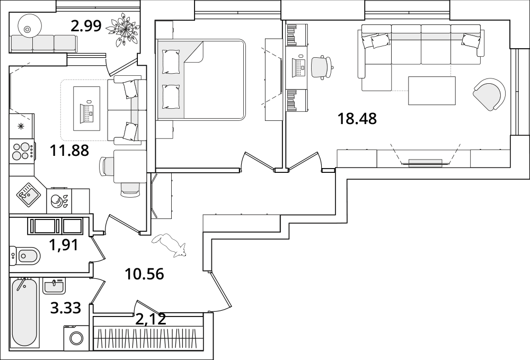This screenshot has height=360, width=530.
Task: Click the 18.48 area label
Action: coord(357,119)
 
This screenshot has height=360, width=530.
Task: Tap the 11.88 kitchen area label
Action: coord(69,151)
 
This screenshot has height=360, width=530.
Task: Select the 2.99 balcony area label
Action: coord(86,25)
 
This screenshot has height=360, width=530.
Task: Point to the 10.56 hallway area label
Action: coord(144,274)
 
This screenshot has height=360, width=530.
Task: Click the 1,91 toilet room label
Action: coord(64,245)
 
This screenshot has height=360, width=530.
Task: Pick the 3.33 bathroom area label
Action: coord(66,308)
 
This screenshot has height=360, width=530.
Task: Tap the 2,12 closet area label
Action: coord(151,319)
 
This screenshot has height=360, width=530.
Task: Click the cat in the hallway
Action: coord(170,245)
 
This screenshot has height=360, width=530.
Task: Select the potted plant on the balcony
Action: coord(122,29)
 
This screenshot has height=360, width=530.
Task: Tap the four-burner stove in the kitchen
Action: coord(22,151)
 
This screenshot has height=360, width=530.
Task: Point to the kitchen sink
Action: coord(29,194)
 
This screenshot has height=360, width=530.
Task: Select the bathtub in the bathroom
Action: coord(24,312)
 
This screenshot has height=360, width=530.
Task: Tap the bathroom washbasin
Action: coord(54,287)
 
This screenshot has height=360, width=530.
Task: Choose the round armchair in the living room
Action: coord(489,94)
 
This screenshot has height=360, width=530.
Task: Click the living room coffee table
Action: coord(432,91)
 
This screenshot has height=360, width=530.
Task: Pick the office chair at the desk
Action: coord(322,68)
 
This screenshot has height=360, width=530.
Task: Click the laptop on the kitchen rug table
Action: coord(86,112)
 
